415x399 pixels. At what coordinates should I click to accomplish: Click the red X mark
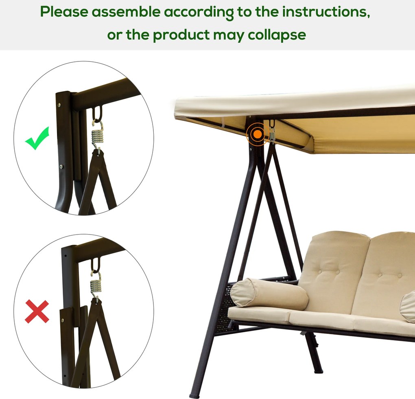(37, 311)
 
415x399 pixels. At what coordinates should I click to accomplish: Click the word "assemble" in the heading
(126, 12)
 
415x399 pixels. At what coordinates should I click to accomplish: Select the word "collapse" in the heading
(277, 35)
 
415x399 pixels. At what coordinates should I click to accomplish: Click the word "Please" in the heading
(64, 12)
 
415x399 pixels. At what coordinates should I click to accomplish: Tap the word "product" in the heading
(181, 35)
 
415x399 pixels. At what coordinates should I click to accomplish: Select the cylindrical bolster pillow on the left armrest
(269, 294)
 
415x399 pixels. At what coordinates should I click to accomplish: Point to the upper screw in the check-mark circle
(59, 105)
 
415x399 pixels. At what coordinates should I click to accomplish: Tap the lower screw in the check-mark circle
(61, 167)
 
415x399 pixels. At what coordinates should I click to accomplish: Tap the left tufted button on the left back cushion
(320, 272)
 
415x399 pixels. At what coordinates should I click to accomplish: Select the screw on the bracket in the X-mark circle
(63, 320)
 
